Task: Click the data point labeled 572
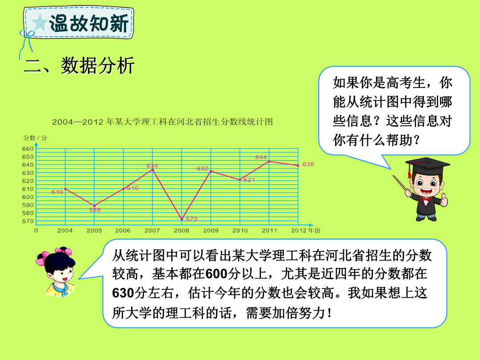coord(182,219)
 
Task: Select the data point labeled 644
coord(269,161)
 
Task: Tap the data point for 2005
coord(94,206)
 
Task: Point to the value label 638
coord(308,164)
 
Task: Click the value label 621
coord(249,180)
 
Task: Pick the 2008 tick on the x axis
coord(181,231)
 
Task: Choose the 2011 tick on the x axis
coord(269,231)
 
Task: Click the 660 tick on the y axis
coord(28,149)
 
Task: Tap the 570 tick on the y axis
coord(28,221)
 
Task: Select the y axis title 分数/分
coord(35,138)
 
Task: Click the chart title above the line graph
coord(162,122)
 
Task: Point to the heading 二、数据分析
coord(79,65)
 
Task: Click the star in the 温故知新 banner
coord(39,22)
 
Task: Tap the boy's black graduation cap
coord(427,166)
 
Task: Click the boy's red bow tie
coord(425,200)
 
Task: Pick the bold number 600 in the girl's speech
coord(216,274)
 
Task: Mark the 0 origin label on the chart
coord(36,231)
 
